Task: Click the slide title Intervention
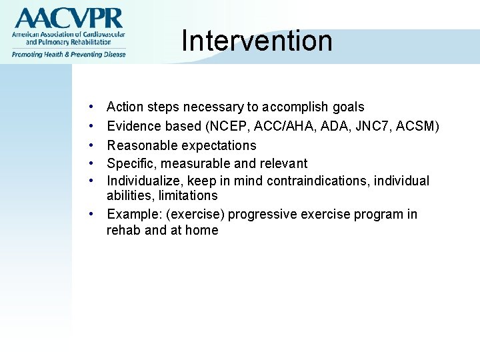(257, 41)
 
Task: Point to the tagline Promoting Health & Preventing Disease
(67, 54)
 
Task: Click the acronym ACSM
(415, 126)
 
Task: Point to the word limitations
(188, 195)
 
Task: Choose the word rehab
(123, 230)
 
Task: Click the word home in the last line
(202, 230)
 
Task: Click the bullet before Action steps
(90, 107)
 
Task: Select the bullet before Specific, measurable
(90, 163)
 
